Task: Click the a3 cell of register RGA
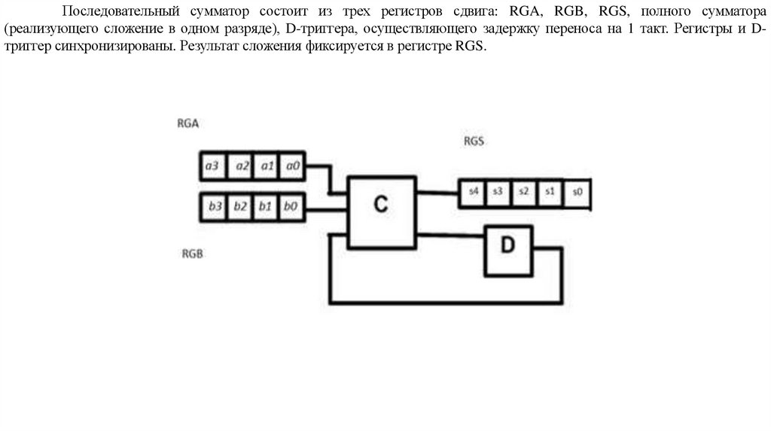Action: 212,166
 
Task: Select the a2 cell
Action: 240,166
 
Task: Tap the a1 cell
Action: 266,166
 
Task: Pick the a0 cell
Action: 291,166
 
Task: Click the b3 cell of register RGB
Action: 215,205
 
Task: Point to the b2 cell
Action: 240,205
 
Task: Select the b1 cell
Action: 264,205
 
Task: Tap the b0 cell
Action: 290,205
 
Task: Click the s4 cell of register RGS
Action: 473,192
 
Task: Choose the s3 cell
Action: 498,192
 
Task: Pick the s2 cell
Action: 523,192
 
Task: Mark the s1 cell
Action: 549,192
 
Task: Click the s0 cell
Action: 577,193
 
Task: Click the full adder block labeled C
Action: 381,211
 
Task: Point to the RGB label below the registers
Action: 193,254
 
